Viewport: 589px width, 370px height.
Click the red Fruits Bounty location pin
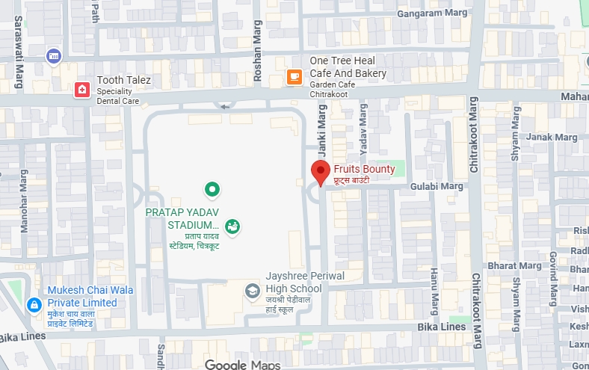pyautogui.click(x=321, y=172)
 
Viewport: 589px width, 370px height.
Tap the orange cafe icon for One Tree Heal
pyautogui.click(x=294, y=76)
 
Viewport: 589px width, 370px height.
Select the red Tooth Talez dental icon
pyautogui.click(x=81, y=90)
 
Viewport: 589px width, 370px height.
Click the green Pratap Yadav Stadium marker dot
pyautogui.click(x=212, y=189)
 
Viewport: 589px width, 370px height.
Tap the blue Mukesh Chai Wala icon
pyautogui.click(x=34, y=305)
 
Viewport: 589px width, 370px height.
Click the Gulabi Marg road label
pyautogui.click(x=442, y=185)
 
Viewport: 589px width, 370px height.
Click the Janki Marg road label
pyautogui.click(x=323, y=130)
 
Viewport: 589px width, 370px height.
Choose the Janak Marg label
pyautogui.click(x=549, y=138)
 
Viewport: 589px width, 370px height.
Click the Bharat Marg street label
pyautogui.click(x=504, y=265)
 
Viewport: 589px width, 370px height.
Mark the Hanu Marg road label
pyautogui.click(x=434, y=292)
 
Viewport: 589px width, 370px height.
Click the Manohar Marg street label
pyautogui.click(x=24, y=201)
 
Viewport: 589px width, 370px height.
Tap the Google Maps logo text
pyautogui.click(x=243, y=365)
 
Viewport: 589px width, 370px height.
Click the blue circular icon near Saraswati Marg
pyautogui.click(x=53, y=55)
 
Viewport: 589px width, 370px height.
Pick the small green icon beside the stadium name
pyautogui.click(x=232, y=226)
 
